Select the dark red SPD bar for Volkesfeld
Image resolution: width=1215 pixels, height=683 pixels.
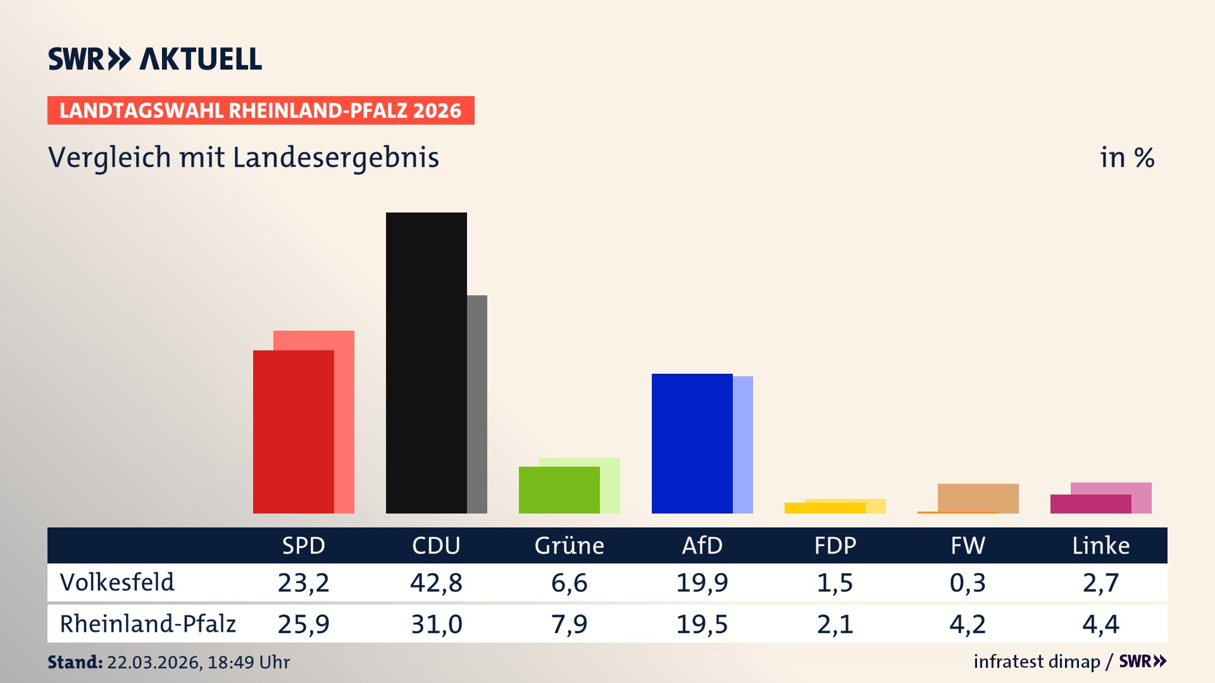pos(293,431)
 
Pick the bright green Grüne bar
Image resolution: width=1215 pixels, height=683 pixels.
pos(559,490)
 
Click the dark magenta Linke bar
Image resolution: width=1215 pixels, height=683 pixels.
pos(1090,504)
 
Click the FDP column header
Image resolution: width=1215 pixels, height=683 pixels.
pos(835,545)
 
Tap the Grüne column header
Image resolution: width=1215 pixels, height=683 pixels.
pos(569,545)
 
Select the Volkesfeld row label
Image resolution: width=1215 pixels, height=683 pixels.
pos(117,582)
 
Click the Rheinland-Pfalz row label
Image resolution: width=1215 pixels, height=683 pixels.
pos(147,624)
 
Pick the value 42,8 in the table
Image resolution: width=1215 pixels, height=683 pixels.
pos(436,582)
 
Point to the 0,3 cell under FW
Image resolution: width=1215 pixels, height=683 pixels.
pos(968,582)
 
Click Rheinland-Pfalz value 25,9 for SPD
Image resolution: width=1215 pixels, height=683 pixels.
pos(303,624)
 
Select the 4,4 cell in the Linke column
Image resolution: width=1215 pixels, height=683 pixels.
pos(1100,624)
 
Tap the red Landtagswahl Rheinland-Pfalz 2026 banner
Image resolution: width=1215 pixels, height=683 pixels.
pos(261,111)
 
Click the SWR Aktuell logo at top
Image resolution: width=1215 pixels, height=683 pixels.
pos(155,59)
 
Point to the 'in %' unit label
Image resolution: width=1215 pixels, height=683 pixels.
pos(1126,158)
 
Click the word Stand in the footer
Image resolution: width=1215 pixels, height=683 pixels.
pos(74,662)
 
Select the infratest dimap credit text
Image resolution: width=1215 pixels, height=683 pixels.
pos(1037,661)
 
